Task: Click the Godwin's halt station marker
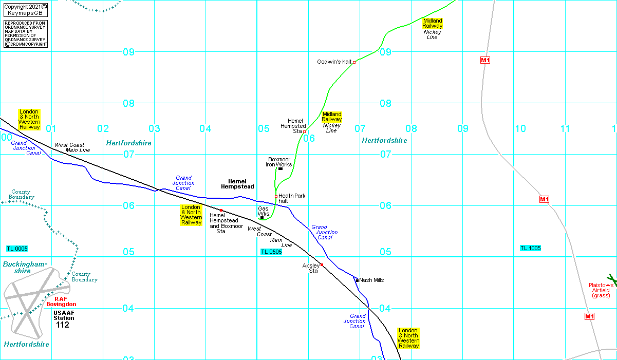[354, 62]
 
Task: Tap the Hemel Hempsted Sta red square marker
[304, 132]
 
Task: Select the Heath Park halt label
[292, 198]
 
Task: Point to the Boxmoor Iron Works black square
[280, 168]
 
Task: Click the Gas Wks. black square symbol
[262, 218]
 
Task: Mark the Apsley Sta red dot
[322, 265]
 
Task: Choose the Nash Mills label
[371, 280]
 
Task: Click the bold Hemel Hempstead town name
[237, 184]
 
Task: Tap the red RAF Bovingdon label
[65, 301]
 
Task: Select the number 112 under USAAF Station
[63, 325]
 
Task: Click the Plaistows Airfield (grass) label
[601, 290]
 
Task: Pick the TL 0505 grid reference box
[271, 252]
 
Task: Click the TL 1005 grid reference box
[530, 248]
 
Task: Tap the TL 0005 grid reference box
[17, 249]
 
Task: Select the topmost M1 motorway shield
[485, 60]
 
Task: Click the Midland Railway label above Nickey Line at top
[433, 23]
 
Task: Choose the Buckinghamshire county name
[25, 267]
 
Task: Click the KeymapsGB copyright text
[26, 10]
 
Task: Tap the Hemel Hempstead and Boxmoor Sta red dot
[221, 210]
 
